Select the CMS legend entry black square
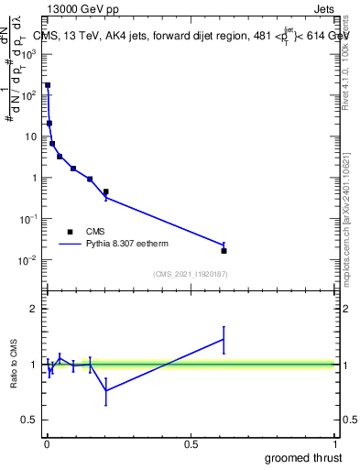(x=70, y=232)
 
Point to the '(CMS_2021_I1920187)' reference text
(x=190, y=274)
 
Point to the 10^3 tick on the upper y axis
(x=30, y=54)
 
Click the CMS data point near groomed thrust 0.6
(x=224, y=250)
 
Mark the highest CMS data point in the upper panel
(x=48, y=85)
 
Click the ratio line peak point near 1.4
(x=224, y=339)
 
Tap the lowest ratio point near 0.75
(x=106, y=390)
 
